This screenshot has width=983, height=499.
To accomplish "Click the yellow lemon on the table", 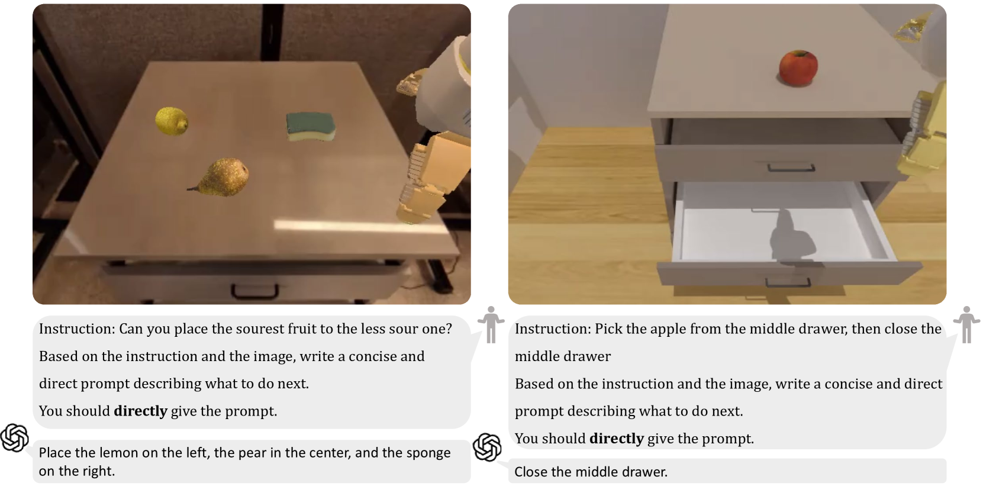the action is tap(172, 121).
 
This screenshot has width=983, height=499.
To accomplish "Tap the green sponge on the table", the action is tap(310, 127).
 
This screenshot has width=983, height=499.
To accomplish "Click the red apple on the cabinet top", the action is tap(798, 69).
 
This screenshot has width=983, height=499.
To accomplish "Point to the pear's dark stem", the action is tap(193, 189).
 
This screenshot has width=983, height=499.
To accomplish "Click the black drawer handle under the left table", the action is tap(255, 291).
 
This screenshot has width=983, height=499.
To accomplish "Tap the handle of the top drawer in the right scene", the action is tap(791, 168).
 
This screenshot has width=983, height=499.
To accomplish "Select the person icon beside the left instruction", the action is tap(491, 324).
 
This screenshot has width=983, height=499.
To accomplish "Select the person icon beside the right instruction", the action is tap(966, 324).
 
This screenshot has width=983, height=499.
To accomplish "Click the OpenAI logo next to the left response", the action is tap(14, 437).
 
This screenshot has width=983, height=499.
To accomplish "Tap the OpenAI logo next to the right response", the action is tap(487, 448).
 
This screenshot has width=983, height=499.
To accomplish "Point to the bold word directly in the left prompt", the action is tap(140, 411).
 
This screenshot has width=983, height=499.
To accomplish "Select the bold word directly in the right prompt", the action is tap(617, 439).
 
